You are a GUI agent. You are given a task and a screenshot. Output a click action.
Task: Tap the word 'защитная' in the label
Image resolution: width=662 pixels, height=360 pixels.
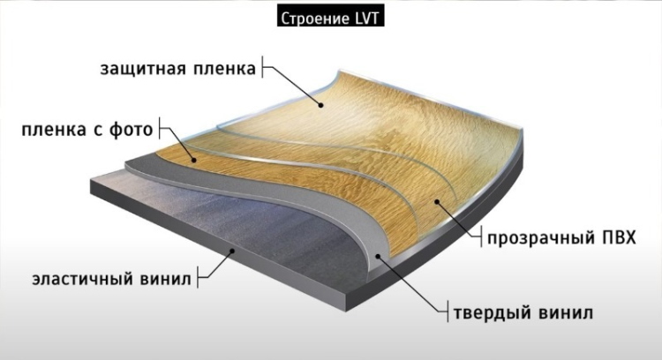tap(144, 69)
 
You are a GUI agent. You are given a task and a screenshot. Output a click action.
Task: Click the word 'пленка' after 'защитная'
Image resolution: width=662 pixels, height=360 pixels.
tap(224, 69)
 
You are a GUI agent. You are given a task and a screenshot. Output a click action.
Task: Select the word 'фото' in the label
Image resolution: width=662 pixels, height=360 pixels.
tap(132, 129)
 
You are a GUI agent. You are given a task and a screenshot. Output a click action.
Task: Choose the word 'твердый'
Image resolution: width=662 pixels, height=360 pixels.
tap(493, 313)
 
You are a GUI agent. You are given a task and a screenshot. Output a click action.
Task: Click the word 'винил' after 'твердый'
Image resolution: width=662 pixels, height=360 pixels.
tap(566, 313)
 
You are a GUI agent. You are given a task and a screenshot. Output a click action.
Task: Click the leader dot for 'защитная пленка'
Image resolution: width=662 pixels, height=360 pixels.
tap(321, 105)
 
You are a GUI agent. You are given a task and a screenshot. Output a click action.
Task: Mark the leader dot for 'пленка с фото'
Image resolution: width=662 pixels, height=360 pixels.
tap(194, 160)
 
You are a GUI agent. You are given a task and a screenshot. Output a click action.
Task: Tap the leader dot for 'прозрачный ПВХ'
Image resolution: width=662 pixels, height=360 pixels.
tap(437, 202)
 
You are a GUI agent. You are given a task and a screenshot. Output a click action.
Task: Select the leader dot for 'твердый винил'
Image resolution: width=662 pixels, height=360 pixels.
tap(378, 256)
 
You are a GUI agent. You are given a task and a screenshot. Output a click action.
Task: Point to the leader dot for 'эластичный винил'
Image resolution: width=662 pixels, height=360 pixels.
tap(232, 251)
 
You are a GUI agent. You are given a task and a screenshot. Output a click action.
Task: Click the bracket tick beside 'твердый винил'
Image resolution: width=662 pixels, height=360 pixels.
tap(448, 311)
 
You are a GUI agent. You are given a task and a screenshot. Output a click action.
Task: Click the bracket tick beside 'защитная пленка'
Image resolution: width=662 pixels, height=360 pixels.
tap(262, 67)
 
